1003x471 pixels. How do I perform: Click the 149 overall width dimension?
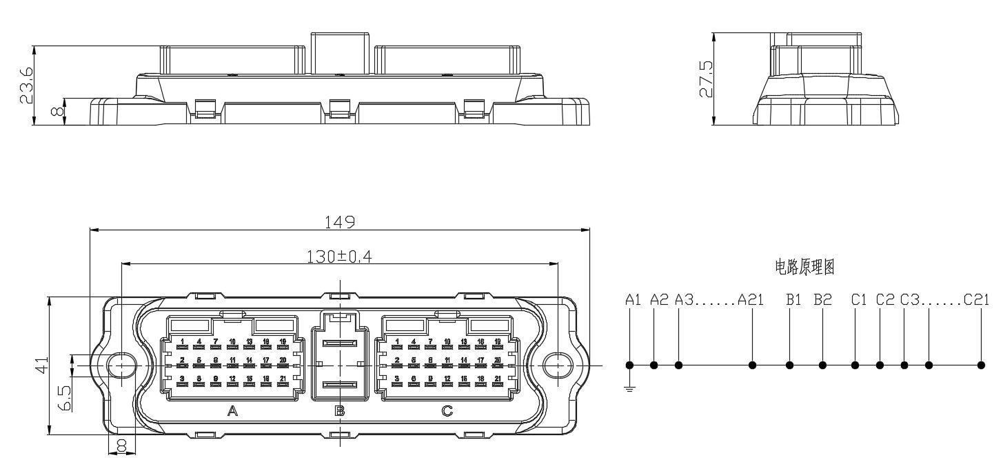click(x=340, y=221)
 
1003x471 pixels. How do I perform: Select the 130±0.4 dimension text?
click(x=339, y=256)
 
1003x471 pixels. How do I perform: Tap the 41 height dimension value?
click(x=41, y=365)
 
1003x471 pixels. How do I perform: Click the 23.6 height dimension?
click(x=27, y=85)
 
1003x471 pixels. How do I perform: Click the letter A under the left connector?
click(x=232, y=412)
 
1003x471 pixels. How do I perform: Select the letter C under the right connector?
click(x=447, y=412)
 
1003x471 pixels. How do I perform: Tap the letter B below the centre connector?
click(x=339, y=412)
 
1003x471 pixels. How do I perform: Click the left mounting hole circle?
click(x=123, y=365)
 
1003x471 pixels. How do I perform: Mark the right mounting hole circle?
click(x=556, y=365)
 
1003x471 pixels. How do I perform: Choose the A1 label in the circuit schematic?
click(x=634, y=300)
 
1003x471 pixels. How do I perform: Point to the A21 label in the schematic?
click(x=751, y=300)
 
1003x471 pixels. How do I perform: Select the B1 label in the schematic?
click(x=793, y=300)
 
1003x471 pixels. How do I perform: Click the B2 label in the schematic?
click(x=822, y=300)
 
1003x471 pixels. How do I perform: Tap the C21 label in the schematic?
click(x=976, y=300)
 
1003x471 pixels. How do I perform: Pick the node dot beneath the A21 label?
click(x=753, y=365)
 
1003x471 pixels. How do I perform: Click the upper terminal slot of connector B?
click(x=339, y=343)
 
